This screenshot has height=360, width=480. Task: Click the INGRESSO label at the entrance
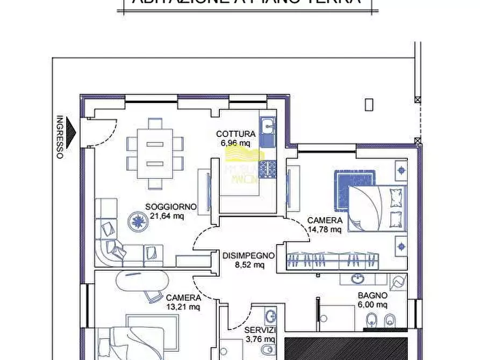60,138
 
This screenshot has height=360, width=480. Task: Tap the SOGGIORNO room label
170,207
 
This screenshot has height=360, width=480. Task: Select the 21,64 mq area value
167,216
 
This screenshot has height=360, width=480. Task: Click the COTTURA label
235,134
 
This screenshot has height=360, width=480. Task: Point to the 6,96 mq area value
235,143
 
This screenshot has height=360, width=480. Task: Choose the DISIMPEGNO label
248,256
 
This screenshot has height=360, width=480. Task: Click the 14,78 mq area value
324,229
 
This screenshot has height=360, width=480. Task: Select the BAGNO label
372,295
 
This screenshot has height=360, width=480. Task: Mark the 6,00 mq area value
372,304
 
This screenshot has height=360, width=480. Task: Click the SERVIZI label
260,330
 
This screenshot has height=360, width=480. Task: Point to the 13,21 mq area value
183,307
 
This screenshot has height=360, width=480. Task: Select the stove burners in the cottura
267,169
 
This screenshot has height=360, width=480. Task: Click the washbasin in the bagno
357,279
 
